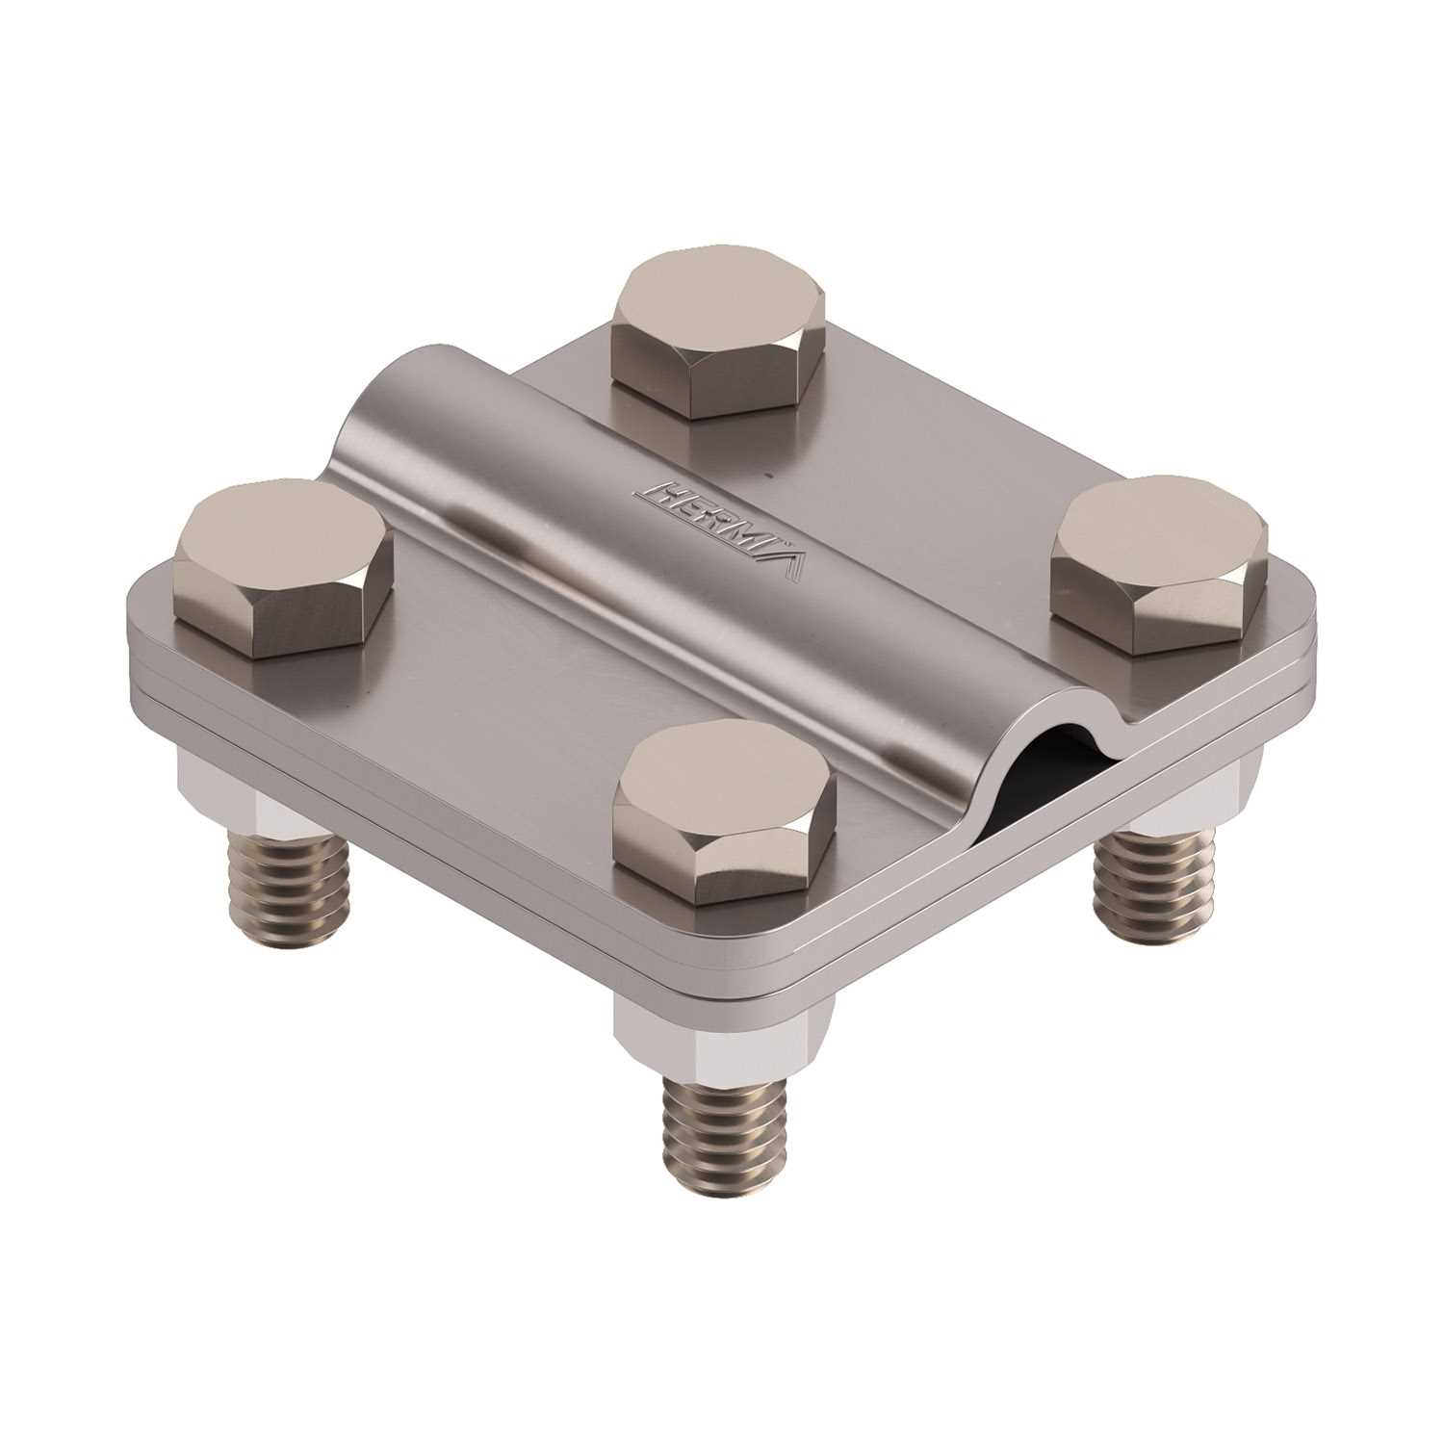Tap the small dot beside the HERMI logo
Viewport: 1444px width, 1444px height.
click(767, 475)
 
